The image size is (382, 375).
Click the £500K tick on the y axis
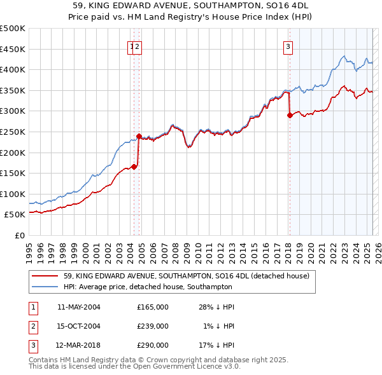(x=12, y=29)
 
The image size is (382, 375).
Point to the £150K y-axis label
(x=12, y=173)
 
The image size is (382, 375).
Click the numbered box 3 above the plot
(x=288, y=46)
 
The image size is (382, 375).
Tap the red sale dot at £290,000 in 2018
(x=290, y=115)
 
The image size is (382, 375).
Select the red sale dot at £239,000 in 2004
(x=139, y=136)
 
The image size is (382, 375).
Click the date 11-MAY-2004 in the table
(x=79, y=307)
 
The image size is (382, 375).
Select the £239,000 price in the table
(x=153, y=326)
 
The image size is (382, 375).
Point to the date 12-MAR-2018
(x=79, y=345)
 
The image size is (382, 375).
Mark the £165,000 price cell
(x=153, y=307)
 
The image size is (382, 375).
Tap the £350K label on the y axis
(x=12, y=90)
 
